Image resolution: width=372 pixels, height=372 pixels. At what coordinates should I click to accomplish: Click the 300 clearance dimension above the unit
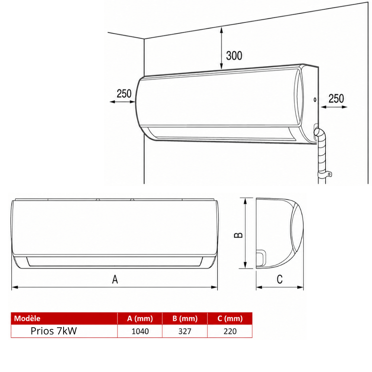tap(234, 55)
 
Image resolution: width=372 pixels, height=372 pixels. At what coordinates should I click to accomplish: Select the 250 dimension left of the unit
tap(124, 93)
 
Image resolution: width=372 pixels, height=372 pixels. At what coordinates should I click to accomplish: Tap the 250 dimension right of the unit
tap(336, 99)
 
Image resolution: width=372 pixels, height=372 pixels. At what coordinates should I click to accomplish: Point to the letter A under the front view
tap(115, 279)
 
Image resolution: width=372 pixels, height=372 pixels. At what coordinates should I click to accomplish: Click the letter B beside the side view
tap(238, 235)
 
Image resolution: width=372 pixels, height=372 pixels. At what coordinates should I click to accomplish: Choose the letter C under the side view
tap(280, 279)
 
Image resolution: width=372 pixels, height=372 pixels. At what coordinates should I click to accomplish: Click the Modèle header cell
tap(27, 318)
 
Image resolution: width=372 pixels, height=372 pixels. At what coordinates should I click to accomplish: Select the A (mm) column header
tap(140, 318)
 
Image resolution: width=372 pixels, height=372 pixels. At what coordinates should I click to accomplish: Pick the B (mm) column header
tap(185, 318)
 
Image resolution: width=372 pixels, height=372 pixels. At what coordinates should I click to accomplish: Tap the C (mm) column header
tap(230, 318)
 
